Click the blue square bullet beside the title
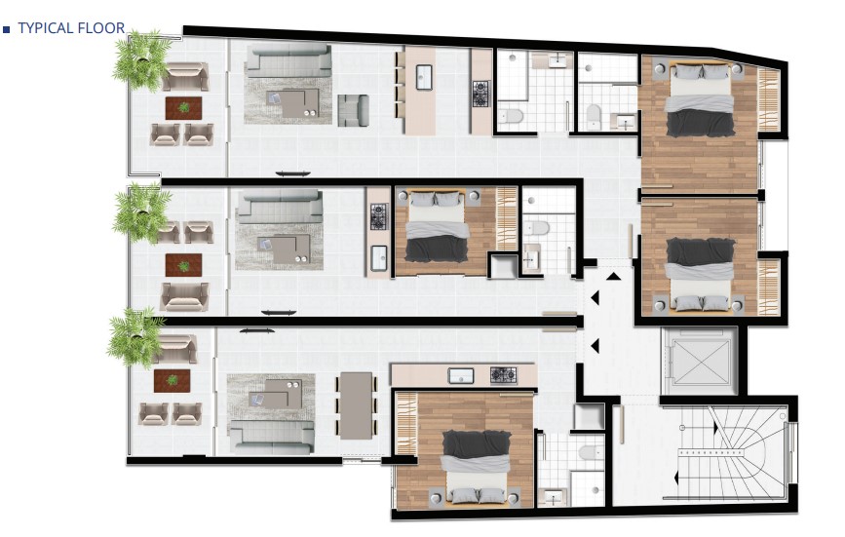[7, 29]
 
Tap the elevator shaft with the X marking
[699, 361]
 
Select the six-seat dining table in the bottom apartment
[356, 405]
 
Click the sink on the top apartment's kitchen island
[424, 77]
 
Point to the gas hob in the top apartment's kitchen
[480, 94]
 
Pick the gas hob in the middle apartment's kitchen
[379, 216]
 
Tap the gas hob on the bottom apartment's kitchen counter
[503, 375]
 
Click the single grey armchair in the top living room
[353, 110]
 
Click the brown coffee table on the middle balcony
[184, 265]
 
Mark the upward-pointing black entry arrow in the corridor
[613, 277]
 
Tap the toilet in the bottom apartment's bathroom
[592, 452]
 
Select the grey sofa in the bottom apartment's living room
[272, 437]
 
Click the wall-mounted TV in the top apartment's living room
[292, 173]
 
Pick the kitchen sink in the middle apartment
[379, 257]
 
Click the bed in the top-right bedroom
[700, 99]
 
